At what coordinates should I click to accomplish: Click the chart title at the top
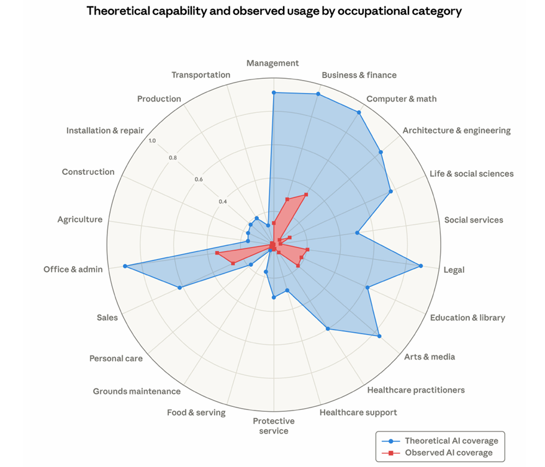[x=274, y=11]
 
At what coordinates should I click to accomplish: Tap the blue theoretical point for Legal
[x=421, y=266]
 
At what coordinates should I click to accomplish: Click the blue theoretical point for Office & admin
[x=125, y=266]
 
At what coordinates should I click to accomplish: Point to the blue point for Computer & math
[x=359, y=112]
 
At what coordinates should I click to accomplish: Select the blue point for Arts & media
[x=379, y=336]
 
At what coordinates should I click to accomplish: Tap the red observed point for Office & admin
[x=217, y=253]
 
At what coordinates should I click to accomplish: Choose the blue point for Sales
[x=180, y=288]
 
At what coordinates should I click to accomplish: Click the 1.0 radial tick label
[x=153, y=140]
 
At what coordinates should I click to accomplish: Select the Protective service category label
[x=273, y=426]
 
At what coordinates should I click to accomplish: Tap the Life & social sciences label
[x=471, y=174]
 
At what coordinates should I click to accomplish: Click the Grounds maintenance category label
[x=137, y=391]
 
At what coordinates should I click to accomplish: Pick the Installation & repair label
[x=105, y=131]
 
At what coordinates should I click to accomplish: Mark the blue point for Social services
[x=357, y=233]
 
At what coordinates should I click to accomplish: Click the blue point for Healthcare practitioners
[x=327, y=329]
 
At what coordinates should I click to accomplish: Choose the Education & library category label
[x=467, y=318]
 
